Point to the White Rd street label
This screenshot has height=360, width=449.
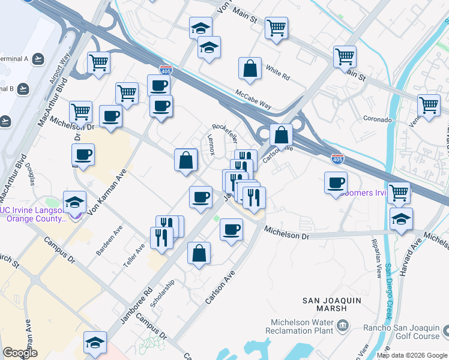(277, 77)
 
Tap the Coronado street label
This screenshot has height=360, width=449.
(376, 119)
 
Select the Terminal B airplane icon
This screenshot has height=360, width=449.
(23, 89)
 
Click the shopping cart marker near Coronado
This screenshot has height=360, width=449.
(429, 104)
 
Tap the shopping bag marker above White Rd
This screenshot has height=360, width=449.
(250, 68)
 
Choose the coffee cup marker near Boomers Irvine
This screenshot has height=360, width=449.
(336, 182)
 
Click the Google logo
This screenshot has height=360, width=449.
(20, 353)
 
